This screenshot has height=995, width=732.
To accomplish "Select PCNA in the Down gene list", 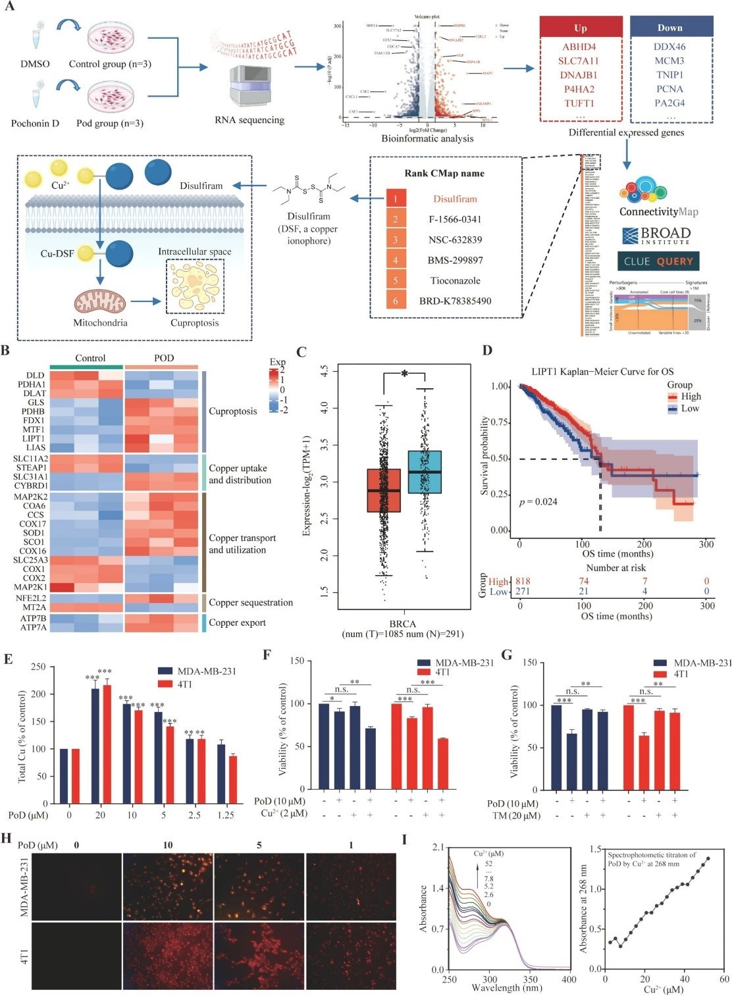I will click(x=669, y=89).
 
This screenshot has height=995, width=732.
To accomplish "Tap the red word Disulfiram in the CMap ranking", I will click(x=455, y=199).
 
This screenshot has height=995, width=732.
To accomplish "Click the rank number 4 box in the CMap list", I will click(x=396, y=260).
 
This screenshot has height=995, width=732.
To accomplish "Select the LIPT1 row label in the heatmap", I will click(x=33, y=439).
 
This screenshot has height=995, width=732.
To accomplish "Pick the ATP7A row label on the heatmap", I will click(x=33, y=628).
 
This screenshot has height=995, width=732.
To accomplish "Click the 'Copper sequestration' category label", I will click(x=251, y=603).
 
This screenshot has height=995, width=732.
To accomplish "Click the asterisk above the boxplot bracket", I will click(x=405, y=374).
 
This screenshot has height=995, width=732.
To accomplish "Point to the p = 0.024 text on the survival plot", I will click(x=538, y=502).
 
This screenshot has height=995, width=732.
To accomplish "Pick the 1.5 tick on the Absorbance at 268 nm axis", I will click(x=595, y=849).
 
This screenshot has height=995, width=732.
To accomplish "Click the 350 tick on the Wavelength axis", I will click(x=530, y=979).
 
